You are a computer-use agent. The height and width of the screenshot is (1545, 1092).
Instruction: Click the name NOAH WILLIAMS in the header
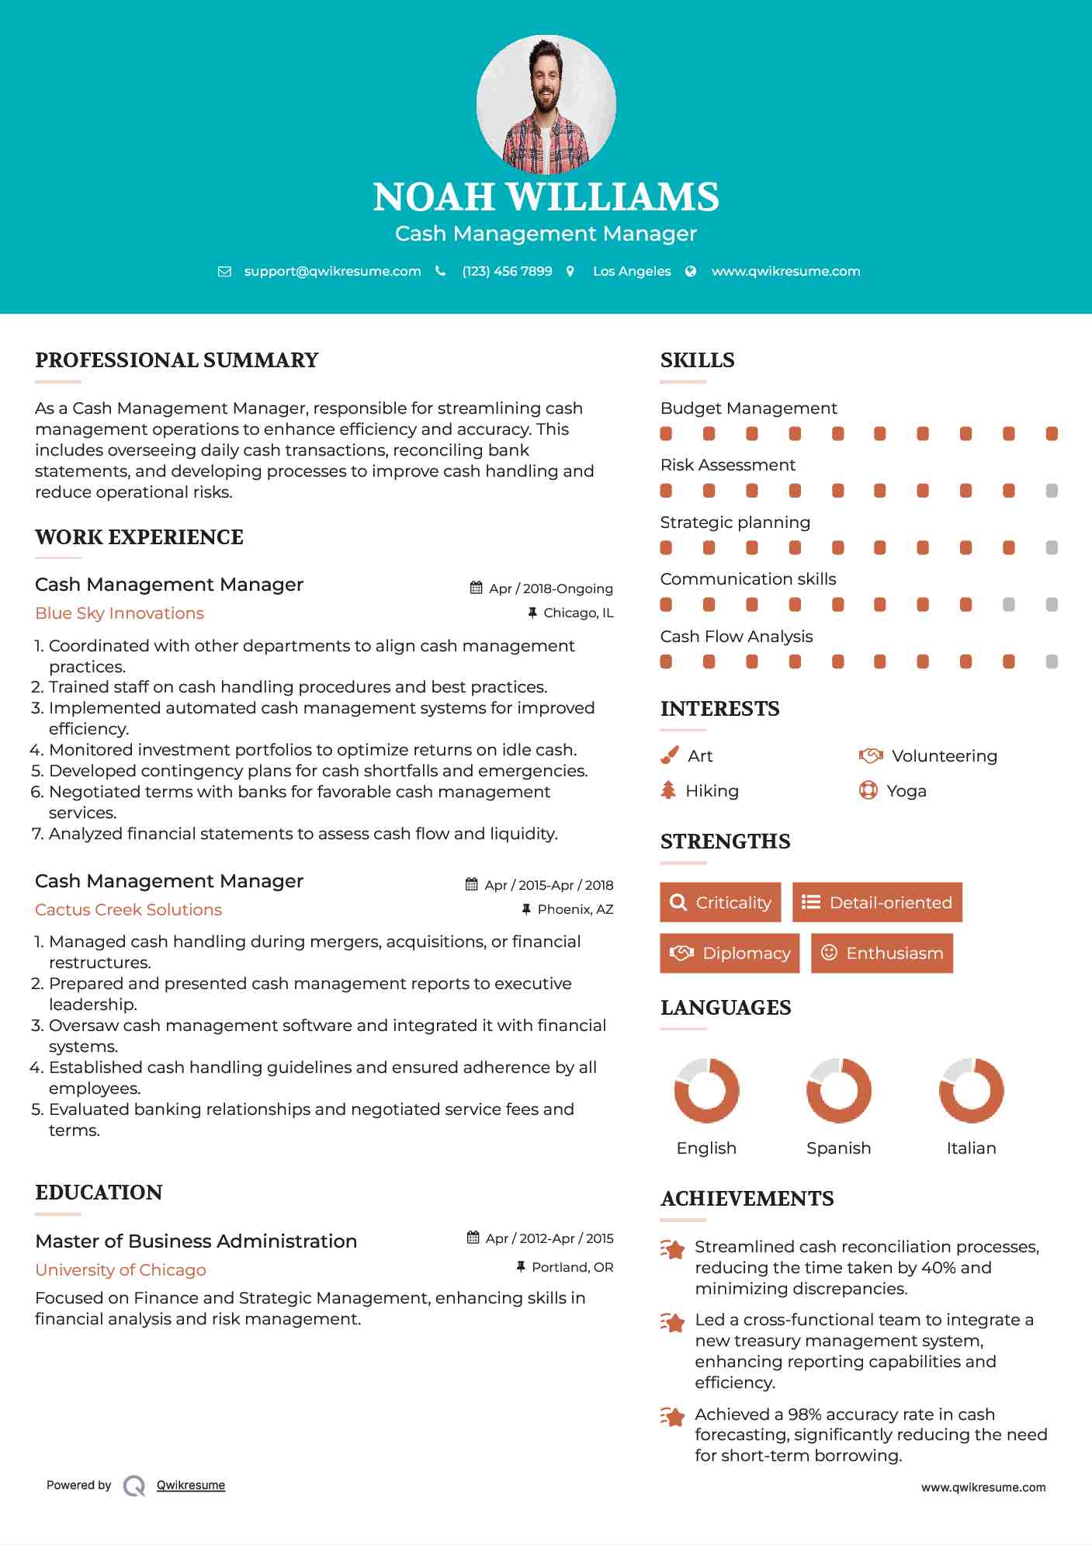pos(546,197)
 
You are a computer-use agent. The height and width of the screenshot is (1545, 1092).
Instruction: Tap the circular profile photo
pos(546,104)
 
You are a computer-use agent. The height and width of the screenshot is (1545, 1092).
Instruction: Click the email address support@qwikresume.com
pos(332,271)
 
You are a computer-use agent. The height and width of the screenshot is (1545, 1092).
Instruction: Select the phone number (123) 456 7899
pos(507,271)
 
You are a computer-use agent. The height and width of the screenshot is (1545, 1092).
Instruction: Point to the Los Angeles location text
pos(632,271)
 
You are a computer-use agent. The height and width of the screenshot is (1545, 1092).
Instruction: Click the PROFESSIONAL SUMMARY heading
pos(177,360)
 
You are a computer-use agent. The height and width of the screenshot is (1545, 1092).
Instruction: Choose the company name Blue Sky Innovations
pos(120,613)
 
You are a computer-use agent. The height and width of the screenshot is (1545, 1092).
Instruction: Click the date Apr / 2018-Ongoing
pos(550,588)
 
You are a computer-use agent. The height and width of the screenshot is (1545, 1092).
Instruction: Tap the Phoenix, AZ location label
pos(575,909)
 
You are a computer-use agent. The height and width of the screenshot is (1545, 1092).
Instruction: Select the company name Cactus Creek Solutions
pos(128,910)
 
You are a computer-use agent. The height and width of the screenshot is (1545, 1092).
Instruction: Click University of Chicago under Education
pos(120,1270)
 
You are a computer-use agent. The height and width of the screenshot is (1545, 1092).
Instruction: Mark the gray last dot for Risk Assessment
pos(1052,491)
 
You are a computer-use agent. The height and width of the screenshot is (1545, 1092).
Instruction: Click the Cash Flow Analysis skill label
pos(736,637)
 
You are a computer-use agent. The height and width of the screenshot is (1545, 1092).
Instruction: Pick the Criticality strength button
pos(720,902)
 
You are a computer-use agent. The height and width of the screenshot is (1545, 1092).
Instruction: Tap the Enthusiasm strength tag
pos(882,953)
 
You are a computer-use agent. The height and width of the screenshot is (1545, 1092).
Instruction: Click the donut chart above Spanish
pos(838,1090)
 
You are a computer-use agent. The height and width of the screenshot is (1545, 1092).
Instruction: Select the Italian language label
pos(971,1148)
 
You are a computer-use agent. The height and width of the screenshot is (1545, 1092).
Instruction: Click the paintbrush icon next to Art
pos(669,755)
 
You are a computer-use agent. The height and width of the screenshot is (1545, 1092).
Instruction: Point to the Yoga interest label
pos(907,791)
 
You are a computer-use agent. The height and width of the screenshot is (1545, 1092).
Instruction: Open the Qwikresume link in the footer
pos(191,1485)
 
